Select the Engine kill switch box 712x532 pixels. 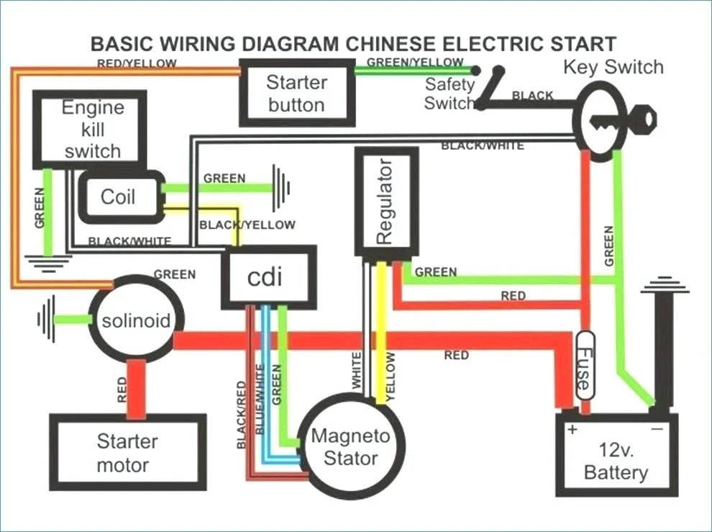[91, 130]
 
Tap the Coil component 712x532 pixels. [118, 197]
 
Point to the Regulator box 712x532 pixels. [386, 202]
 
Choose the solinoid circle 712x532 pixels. [136, 320]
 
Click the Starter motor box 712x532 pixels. [127, 453]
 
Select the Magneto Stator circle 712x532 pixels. [350, 447]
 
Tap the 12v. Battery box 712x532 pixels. [616, 461]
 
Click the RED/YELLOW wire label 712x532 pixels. [137, 63]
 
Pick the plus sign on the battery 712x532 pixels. [572, 430]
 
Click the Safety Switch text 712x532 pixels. [449, 94]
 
